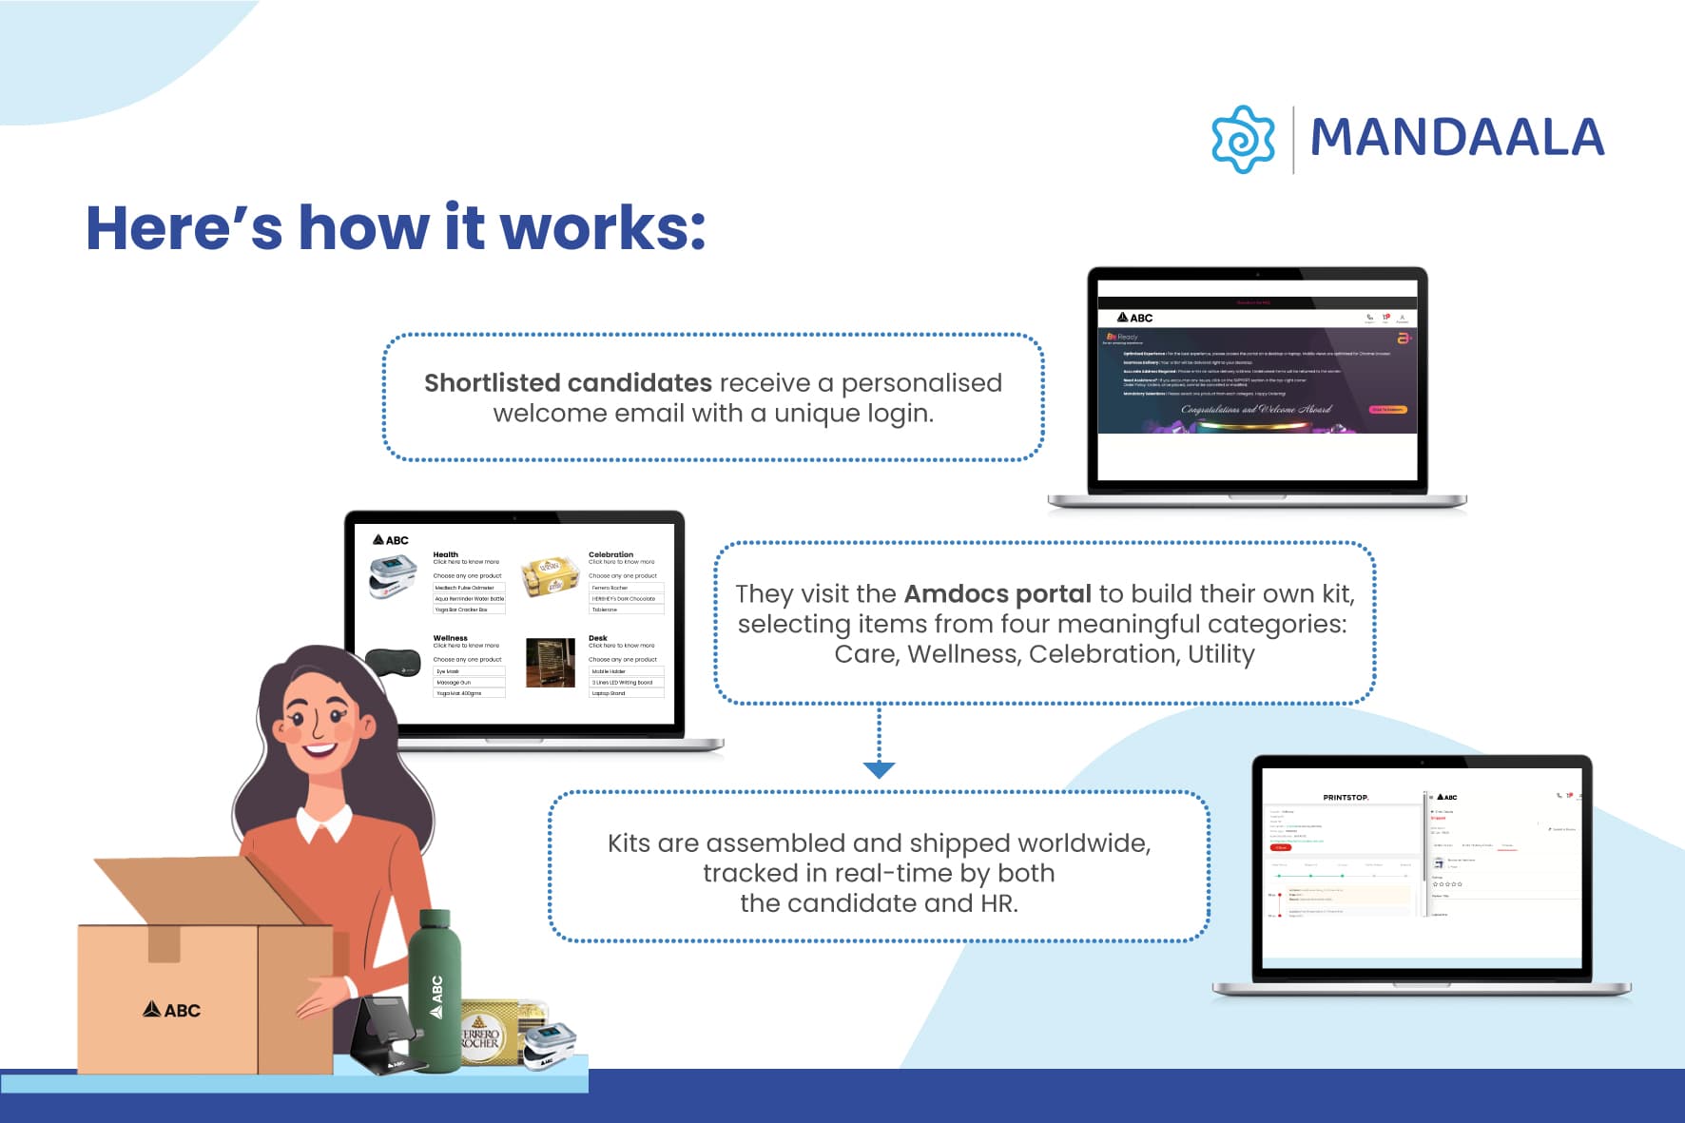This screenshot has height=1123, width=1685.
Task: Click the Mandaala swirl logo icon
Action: click(x=1243, y=139)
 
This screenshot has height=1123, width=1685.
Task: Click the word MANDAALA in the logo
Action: click(x=1457, y=138)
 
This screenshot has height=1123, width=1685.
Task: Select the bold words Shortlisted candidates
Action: click(x=568, y=382)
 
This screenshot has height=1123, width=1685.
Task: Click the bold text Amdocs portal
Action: click(x=997, y=593)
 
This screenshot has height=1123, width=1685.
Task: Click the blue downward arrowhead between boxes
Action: click(x=879, y=769)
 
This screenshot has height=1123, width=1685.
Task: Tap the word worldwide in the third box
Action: click(x=1083, y=842)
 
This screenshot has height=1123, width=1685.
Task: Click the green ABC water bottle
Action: click(x=435, y=989)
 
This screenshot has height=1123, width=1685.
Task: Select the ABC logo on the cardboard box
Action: click(x=172, y=1010)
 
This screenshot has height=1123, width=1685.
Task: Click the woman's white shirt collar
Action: click(x=323, y=823)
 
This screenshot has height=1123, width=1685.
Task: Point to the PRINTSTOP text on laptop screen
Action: click(x=1346, y=797)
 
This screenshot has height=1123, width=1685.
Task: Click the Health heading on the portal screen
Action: click(x=445, y=554)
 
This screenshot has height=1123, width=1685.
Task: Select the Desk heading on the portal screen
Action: click(x=597, y=638)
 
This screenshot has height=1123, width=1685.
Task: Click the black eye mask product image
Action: click(x=394, y=662)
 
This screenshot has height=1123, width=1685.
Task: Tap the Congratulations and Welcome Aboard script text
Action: click(x=1255, y=410)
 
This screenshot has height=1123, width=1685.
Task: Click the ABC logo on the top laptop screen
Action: click(x=1135, y=318)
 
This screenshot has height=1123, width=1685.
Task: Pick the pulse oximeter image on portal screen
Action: click(x=393, y=576)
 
